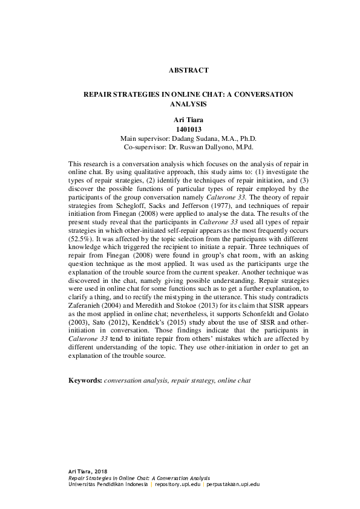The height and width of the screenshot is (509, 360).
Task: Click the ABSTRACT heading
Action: [188, 70]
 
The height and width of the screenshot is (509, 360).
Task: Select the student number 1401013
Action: [188, 129]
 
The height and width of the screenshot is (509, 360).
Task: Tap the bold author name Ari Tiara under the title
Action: [188, 121]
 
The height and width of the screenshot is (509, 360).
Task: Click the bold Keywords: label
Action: [85, 381]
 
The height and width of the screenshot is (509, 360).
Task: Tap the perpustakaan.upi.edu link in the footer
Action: [234, 485]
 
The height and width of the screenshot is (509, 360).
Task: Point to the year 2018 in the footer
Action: [101, 470]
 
